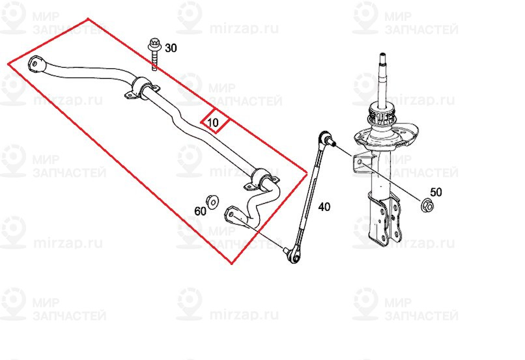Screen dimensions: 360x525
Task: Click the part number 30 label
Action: (x=171, y=48)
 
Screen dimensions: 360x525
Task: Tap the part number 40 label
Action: (x=324, y=207)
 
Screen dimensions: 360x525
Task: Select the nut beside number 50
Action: (x=427, y=204)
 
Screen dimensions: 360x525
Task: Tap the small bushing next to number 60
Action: (x=212, y=200)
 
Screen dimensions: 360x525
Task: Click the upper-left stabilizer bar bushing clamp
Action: (x=141, y=89)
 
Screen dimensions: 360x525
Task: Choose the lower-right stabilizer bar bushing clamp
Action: (x=263, y=179)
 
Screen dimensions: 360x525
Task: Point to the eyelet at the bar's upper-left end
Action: (x=36, y=64)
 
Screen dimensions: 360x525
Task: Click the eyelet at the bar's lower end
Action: (x=233, y=213)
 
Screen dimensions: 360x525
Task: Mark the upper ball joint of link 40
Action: (x=326, y=138)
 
